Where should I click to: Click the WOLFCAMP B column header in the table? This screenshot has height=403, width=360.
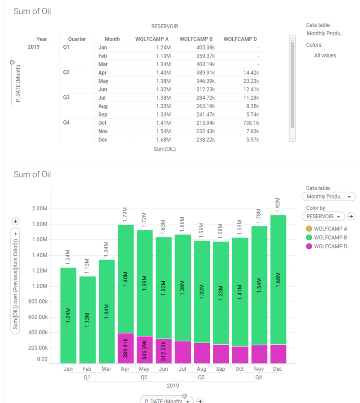[x=196, y=39]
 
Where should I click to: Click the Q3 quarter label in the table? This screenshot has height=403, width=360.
[x=67, y=97]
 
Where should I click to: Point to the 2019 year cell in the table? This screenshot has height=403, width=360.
[x=34, y=47]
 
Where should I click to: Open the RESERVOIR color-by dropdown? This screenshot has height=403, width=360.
[x=323, y=216]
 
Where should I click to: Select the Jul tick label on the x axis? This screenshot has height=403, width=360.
[x=183, y=369]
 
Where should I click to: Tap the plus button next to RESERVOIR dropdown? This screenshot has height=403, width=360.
[x=352, y=216]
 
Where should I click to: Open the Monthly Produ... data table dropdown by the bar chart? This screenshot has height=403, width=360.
[x=329, y=197]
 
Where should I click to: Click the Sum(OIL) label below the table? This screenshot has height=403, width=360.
[x=165, y=149]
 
